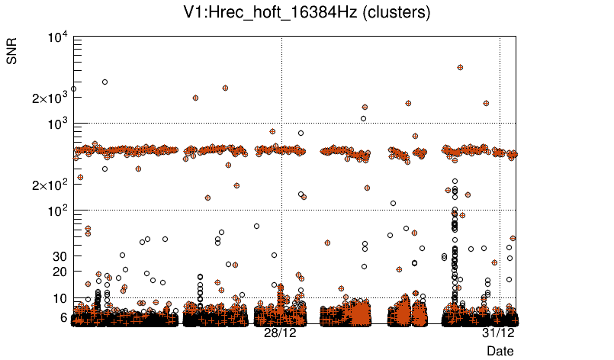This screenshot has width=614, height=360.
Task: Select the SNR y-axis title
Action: coord(13,54)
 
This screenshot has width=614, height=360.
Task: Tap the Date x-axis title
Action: coord(500,350)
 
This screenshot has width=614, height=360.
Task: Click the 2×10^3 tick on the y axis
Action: coord(49,98)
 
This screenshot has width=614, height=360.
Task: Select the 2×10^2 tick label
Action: coord(49,185)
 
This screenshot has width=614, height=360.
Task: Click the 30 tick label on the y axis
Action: coord(62,256)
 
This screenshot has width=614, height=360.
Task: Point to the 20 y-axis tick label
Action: coord(62,272)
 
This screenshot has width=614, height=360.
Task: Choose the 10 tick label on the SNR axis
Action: coord(62,298)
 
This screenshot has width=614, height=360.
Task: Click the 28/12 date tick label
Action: coord(280,333)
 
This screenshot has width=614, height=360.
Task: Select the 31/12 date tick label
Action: coord(498,333)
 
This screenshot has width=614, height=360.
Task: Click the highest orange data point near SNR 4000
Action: coord(460,67)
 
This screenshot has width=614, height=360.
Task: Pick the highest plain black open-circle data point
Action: coord(104,82)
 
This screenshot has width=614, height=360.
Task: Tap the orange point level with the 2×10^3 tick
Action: coord(196,98)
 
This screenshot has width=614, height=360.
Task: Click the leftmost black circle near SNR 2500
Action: coord(73,88)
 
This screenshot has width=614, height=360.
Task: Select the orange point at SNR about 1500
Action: coord(365,108)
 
